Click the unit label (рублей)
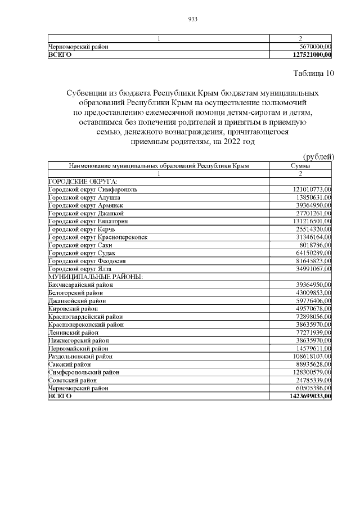(319, 156)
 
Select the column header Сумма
(300, 166)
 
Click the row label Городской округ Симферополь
(92, 190)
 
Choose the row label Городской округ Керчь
(82, 229)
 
